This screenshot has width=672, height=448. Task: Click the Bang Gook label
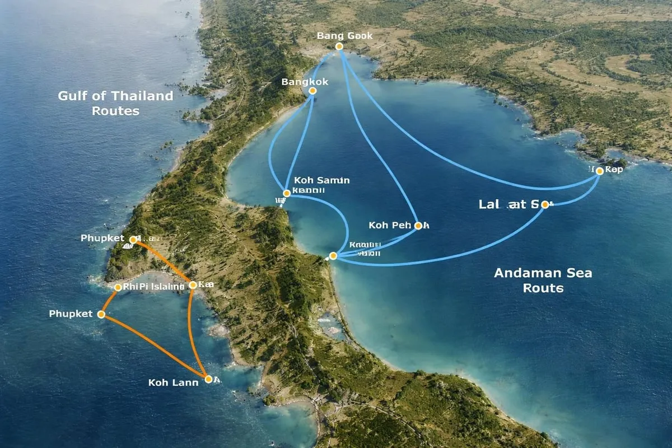coord(344,36)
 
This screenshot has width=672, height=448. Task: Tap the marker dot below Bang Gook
coord(339,46)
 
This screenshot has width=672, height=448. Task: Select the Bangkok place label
coord(305,82)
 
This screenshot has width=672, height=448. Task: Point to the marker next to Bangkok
coord(312,91)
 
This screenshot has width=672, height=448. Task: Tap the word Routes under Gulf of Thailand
coord(115,111)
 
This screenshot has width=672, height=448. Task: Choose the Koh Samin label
coord(321,180)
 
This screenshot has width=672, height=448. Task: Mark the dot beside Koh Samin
coord(287,193)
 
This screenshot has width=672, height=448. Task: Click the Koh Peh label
coord(390,225)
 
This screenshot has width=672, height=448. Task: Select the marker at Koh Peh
coord(418,226)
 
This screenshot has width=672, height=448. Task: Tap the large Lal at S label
coord(510,204)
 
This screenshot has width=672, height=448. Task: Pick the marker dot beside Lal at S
coord(544,205)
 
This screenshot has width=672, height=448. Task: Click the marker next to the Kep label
coord(600,171)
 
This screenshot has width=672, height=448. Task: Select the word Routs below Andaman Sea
coord(543,288)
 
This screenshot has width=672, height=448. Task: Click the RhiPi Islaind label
coord(153,287)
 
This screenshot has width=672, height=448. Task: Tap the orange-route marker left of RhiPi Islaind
coord(118,287)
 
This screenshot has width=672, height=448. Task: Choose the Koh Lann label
coord(174,383)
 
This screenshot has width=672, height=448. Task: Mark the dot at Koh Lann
coord(208,379)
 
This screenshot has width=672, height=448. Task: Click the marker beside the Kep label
coord(600,171)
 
